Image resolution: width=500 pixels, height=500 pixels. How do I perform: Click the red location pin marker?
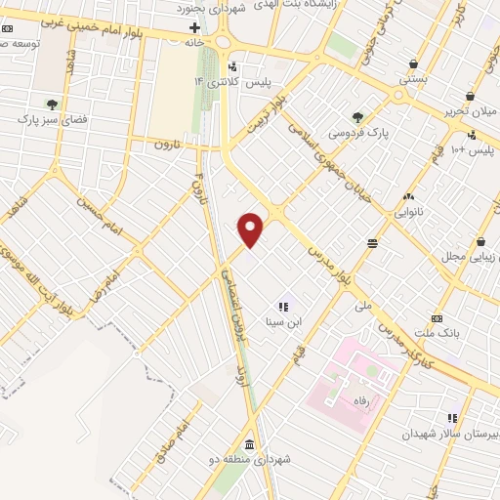252,229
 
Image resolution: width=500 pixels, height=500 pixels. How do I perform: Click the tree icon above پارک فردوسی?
357,115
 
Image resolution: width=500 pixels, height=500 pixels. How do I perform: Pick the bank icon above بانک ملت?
436,317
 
